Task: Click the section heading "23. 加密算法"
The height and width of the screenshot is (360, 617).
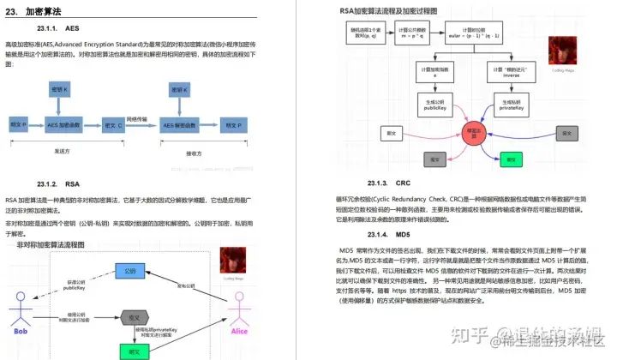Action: (34, 11)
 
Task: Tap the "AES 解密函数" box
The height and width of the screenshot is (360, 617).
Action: (186, 124)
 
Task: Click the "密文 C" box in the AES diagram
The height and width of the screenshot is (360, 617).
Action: (112, 124)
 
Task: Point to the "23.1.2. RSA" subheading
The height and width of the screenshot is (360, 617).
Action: (58, 183)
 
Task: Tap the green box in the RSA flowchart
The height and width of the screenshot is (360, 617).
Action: (512, 159)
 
